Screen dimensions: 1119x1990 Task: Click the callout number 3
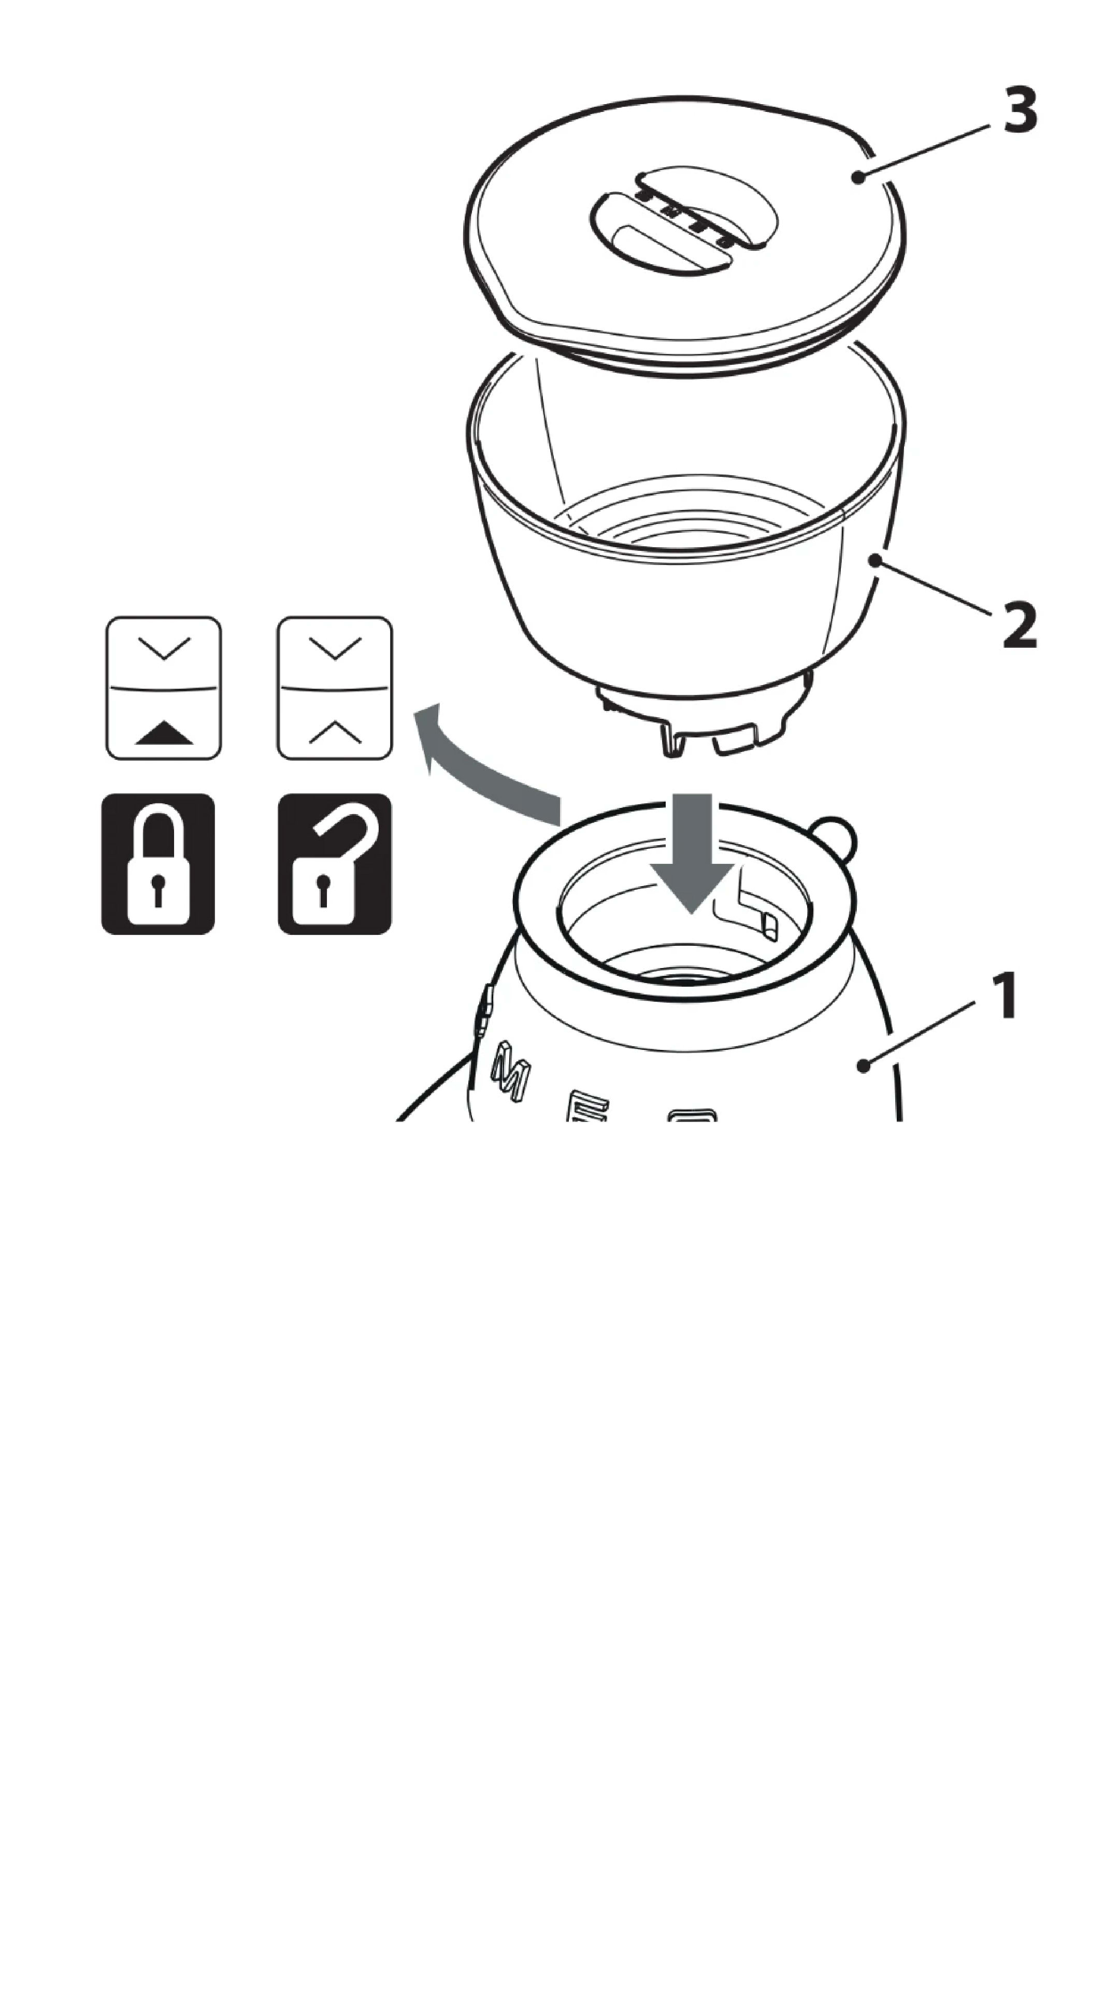click(1020, 110)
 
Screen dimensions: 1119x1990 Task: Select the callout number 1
click(1006, 997)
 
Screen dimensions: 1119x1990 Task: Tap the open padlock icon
click(334, 864)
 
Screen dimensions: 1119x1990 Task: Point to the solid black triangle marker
click(164, 732)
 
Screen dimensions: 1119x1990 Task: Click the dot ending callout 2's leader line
click(875, 559)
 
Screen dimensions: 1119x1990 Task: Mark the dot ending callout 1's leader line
click(864, 1066)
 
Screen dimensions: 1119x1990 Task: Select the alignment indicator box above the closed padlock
click(164, 688)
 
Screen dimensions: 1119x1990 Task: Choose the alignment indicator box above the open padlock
click(334, 688)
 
